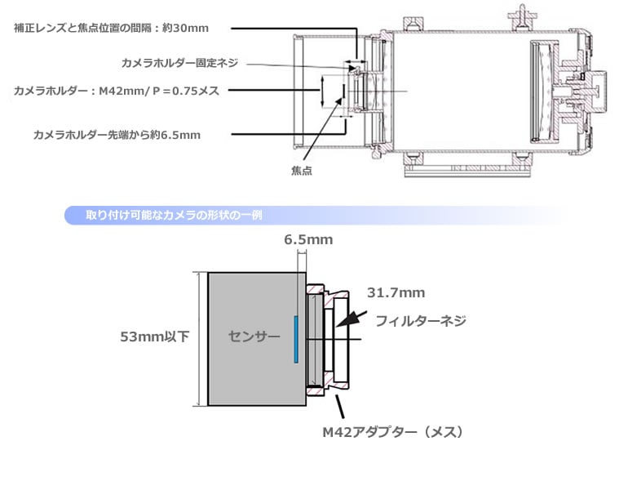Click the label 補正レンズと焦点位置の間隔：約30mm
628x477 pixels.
[111, 28]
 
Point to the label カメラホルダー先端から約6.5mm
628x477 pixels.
[116, 133]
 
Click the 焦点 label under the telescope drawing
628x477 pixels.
[303, 171]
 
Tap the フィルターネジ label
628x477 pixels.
[420, 322]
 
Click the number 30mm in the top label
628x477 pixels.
[192, 28]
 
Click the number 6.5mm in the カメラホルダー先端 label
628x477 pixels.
[181, 133]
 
